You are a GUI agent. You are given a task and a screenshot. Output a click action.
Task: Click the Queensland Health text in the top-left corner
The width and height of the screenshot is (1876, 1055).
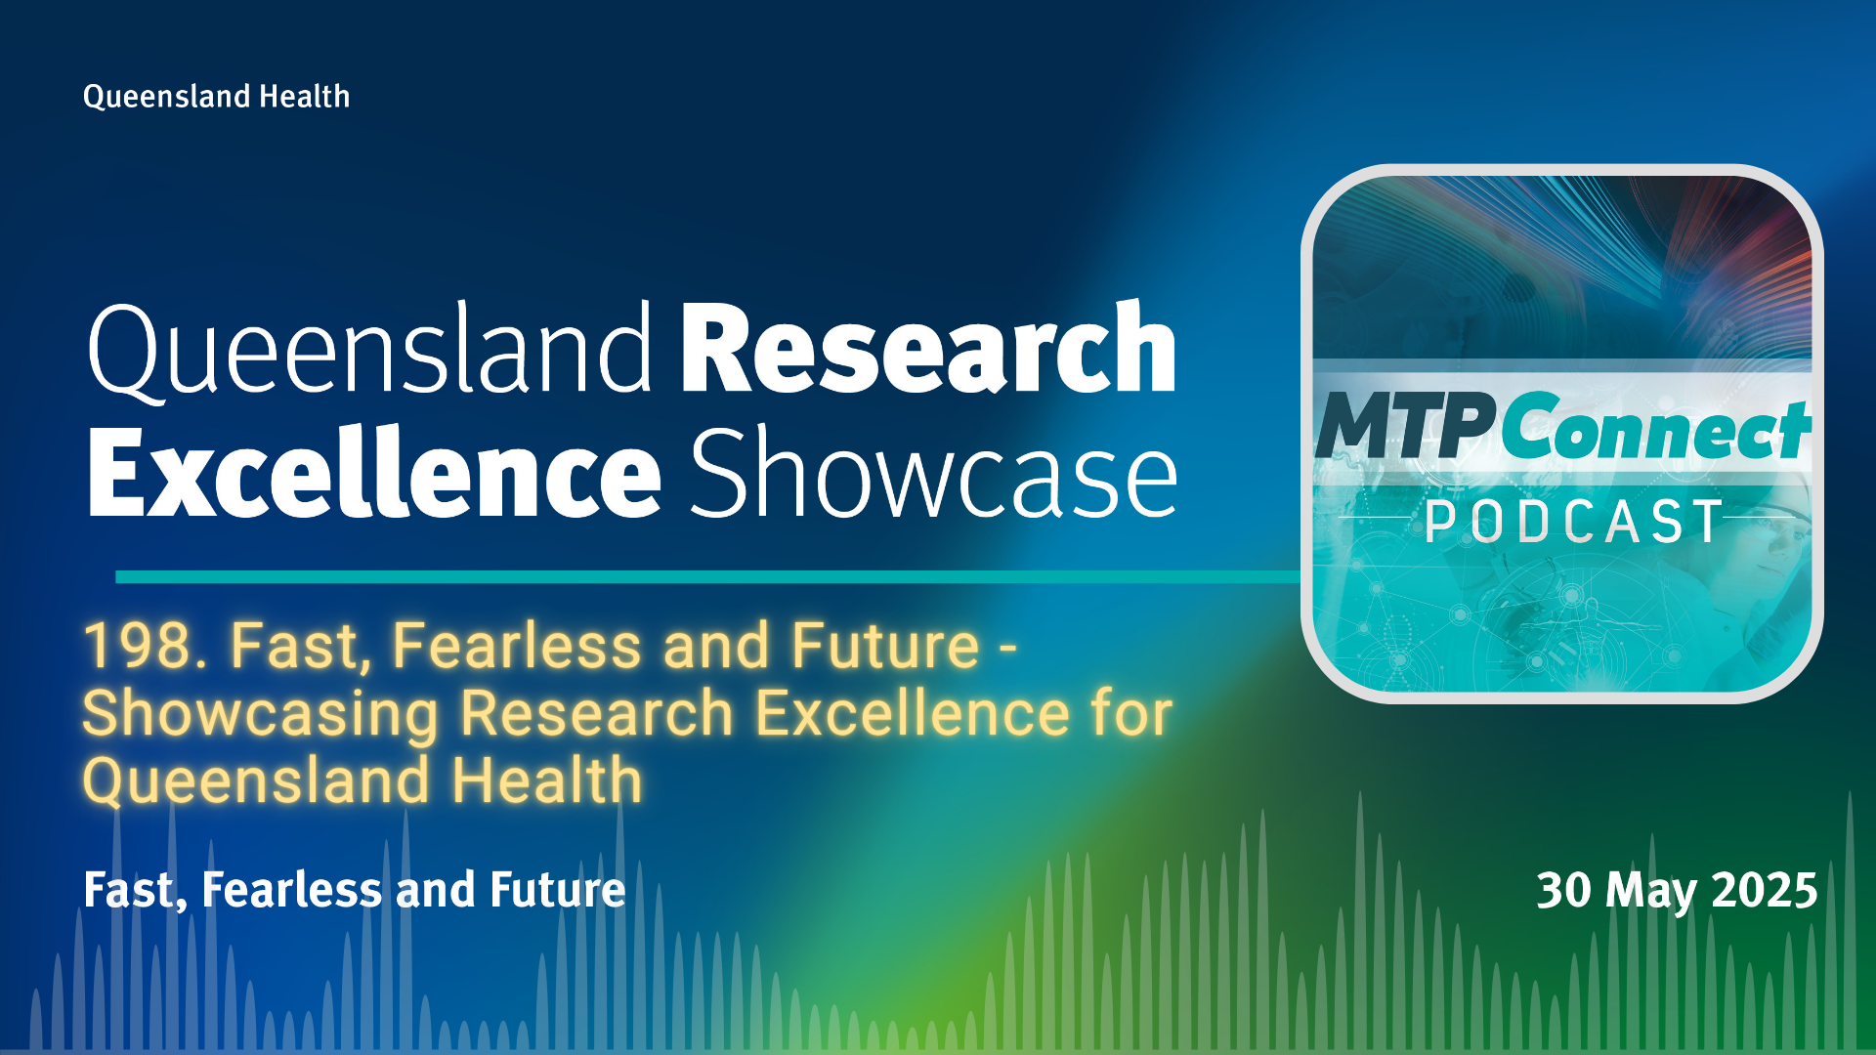(x=216, y=97)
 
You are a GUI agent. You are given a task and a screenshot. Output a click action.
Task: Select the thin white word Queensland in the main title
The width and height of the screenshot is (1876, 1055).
(x=369, y=349)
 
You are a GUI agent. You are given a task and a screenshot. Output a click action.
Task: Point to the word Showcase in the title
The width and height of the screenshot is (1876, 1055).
(x=934, y=473)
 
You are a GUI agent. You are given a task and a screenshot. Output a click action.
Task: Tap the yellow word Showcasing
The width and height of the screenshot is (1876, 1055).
(x=261, y=714)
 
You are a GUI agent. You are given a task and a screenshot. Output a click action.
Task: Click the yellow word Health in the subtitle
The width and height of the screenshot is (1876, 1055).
(x=547, y=781)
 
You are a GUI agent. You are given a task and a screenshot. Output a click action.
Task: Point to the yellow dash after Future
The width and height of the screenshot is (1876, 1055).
(x=1008, y=648)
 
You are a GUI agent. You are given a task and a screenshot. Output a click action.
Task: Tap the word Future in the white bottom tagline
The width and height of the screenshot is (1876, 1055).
(x=557, y=890)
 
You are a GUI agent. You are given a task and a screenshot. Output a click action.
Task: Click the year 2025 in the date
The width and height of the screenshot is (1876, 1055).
(x=1765, y=891)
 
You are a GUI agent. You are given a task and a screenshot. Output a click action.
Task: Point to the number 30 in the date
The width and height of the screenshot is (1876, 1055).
(x=1565, y=891)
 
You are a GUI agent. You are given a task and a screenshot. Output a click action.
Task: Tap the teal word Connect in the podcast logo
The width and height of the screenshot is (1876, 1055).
(x=1656, y=425)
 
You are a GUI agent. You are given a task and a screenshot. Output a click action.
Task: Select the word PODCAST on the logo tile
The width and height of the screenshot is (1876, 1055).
(x=1573, y=522)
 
